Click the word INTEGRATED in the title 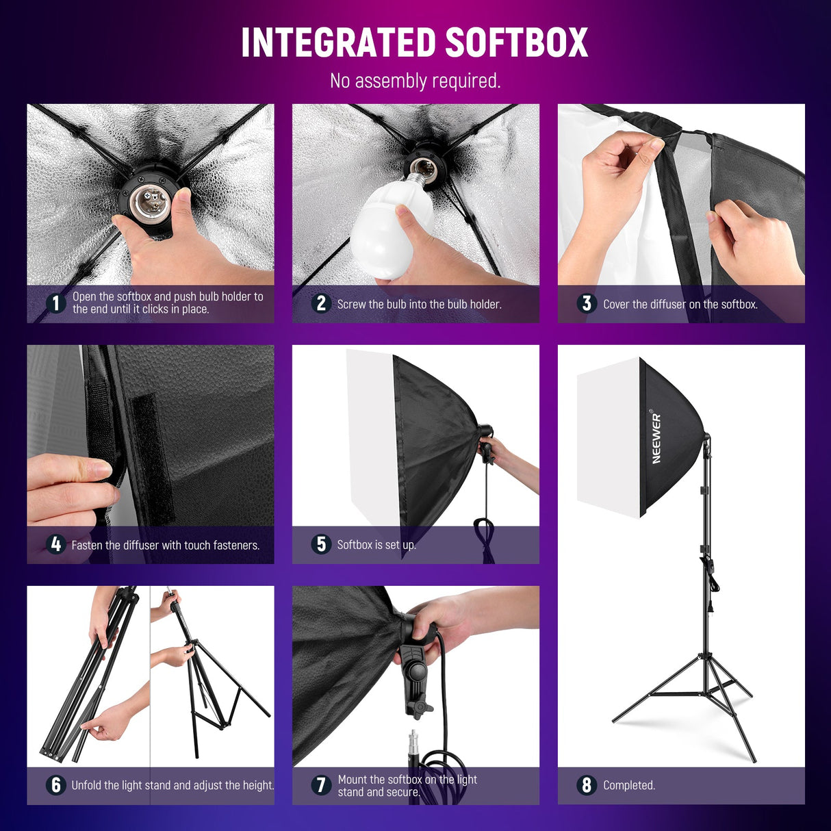pos(339,42)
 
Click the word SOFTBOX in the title pos(517,42)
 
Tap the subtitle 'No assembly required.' pos(415,81)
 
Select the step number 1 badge pos(55,303)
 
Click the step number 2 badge pos(321,303)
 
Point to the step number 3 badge pos(586,303)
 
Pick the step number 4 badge pos(55,544)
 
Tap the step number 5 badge pos(321,544)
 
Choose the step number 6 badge pos(55,784)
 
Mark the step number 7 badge pos(321,784)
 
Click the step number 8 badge pos(586,784)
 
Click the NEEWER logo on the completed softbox pos(656,438)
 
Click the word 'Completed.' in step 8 pos(628,785)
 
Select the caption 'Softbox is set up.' pos(376,545)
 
